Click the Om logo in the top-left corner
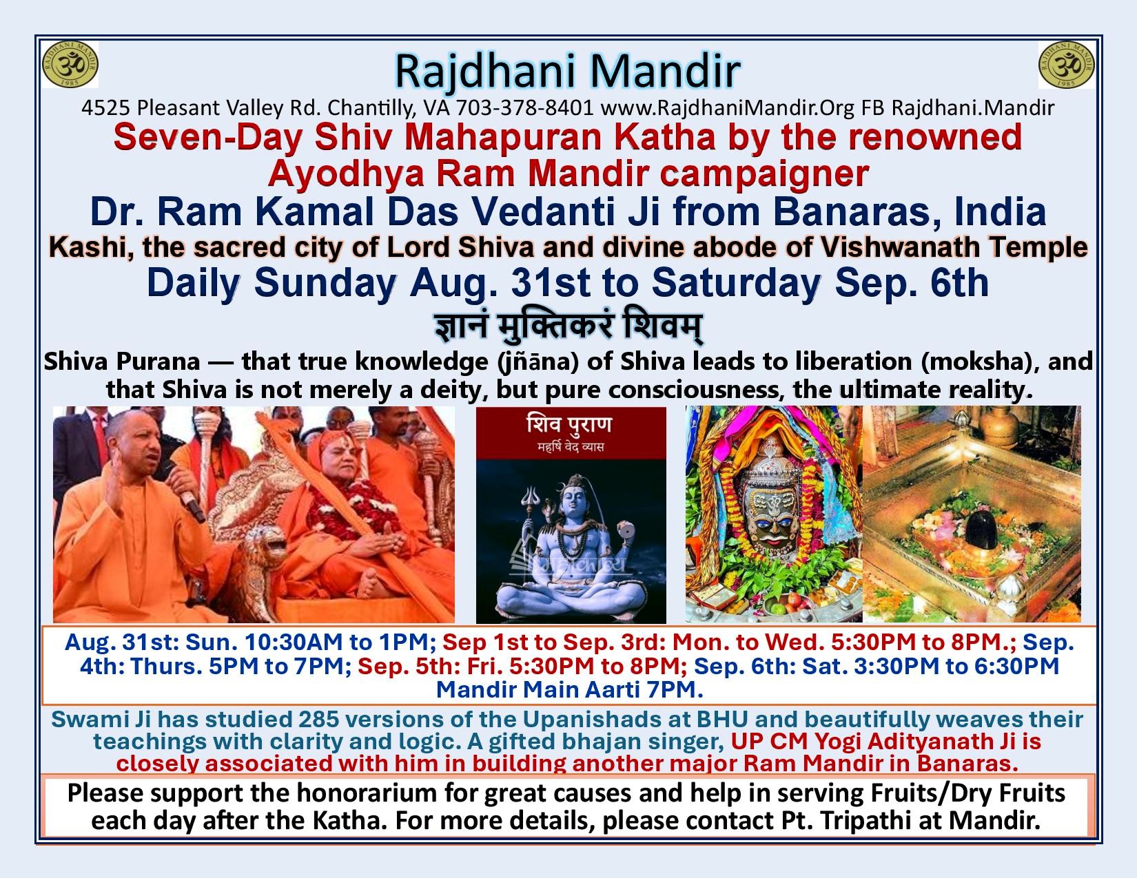pyautogui.click(x=70, y=65)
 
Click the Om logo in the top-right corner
pyautogui.click(x=1066, y=65)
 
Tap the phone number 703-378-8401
pyautogui.click(x=525, y=107)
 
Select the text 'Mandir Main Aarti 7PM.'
pyautogui.click(x=569, y=690)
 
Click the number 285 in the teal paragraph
pyautogui.click(x=318, y=720)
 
